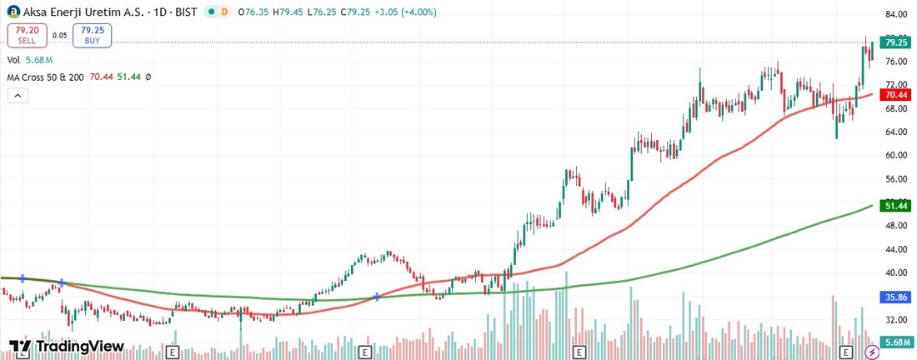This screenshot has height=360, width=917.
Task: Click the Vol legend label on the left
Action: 13,60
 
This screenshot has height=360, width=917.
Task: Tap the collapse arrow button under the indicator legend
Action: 18,95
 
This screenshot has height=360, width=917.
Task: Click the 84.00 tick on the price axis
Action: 896,15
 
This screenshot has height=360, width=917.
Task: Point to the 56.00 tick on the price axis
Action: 896,178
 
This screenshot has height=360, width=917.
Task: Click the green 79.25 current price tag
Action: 896,42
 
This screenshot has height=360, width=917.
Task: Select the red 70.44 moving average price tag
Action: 896,94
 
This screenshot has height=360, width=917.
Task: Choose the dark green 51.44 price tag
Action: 896,205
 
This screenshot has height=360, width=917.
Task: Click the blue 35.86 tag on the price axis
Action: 896,296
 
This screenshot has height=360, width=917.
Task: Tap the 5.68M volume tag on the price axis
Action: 896,342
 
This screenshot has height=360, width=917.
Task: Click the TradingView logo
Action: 67,347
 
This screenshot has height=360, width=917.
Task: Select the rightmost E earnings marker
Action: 846,352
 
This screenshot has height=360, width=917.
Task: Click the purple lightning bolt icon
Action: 872,352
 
